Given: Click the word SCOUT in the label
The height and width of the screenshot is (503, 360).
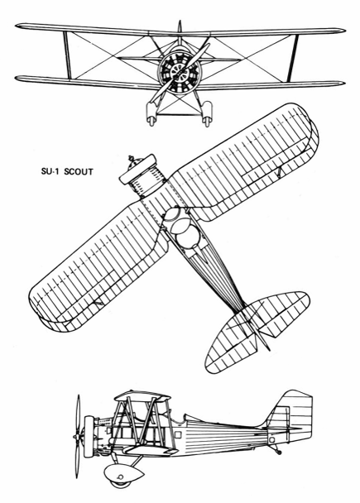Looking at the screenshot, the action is tap(79, 171).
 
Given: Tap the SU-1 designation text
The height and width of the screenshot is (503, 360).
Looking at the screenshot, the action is tap(51, 171).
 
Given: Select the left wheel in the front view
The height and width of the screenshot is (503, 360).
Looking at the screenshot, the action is tap(151, 113).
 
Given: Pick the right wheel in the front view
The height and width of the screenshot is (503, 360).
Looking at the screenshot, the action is tap(207, 113).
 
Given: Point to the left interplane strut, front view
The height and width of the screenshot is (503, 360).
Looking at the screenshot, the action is tap(67, 55).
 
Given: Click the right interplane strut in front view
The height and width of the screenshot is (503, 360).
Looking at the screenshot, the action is tap(293, 58).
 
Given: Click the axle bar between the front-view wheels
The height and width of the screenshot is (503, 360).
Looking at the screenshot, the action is tap(179, 113).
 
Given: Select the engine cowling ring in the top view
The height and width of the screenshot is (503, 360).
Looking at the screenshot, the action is tap(137, 170).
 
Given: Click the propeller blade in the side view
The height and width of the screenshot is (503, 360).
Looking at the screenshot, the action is tap(77, 436).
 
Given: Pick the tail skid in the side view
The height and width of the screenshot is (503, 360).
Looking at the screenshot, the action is tap(275, 449).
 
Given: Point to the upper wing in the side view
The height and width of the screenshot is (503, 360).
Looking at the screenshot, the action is tap(142, 395).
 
